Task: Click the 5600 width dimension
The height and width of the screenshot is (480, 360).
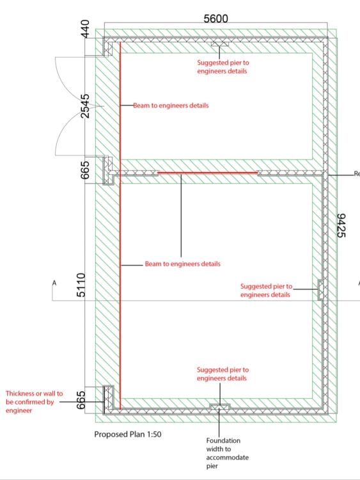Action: coord(215,19)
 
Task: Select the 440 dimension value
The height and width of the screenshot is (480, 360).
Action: coord(86,29)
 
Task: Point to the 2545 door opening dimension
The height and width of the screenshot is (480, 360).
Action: coord(86,106)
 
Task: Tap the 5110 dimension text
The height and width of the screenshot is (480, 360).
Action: coord(81,285)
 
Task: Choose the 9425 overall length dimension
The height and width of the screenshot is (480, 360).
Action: coord(340,225)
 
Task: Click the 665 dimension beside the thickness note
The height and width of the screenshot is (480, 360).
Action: coord(81,400)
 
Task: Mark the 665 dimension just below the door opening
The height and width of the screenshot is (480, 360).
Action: coord(86,170)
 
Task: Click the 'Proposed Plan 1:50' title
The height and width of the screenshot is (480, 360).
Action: coord(128,434)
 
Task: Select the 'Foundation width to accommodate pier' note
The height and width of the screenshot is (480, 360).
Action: coord(227,453)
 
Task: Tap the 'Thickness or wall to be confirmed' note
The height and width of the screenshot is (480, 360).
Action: coord(35,402)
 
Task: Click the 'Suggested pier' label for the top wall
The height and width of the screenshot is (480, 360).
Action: coord(223,67)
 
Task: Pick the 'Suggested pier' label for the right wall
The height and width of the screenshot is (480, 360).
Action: coord(266,291)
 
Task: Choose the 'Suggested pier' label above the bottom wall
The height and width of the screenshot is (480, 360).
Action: coord(223,374)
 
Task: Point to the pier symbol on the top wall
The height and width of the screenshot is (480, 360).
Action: coord(219,44)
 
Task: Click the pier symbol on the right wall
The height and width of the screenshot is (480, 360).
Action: coord(320,289)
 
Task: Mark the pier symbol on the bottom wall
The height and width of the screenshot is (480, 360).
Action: coord(219,406)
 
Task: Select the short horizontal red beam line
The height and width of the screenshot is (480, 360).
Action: coord(207,173)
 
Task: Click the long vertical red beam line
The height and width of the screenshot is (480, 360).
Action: coord(120,225)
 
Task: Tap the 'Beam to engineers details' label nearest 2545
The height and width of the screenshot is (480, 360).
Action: coord(171,106)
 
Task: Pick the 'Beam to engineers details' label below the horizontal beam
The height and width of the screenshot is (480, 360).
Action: coord(183,264)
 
